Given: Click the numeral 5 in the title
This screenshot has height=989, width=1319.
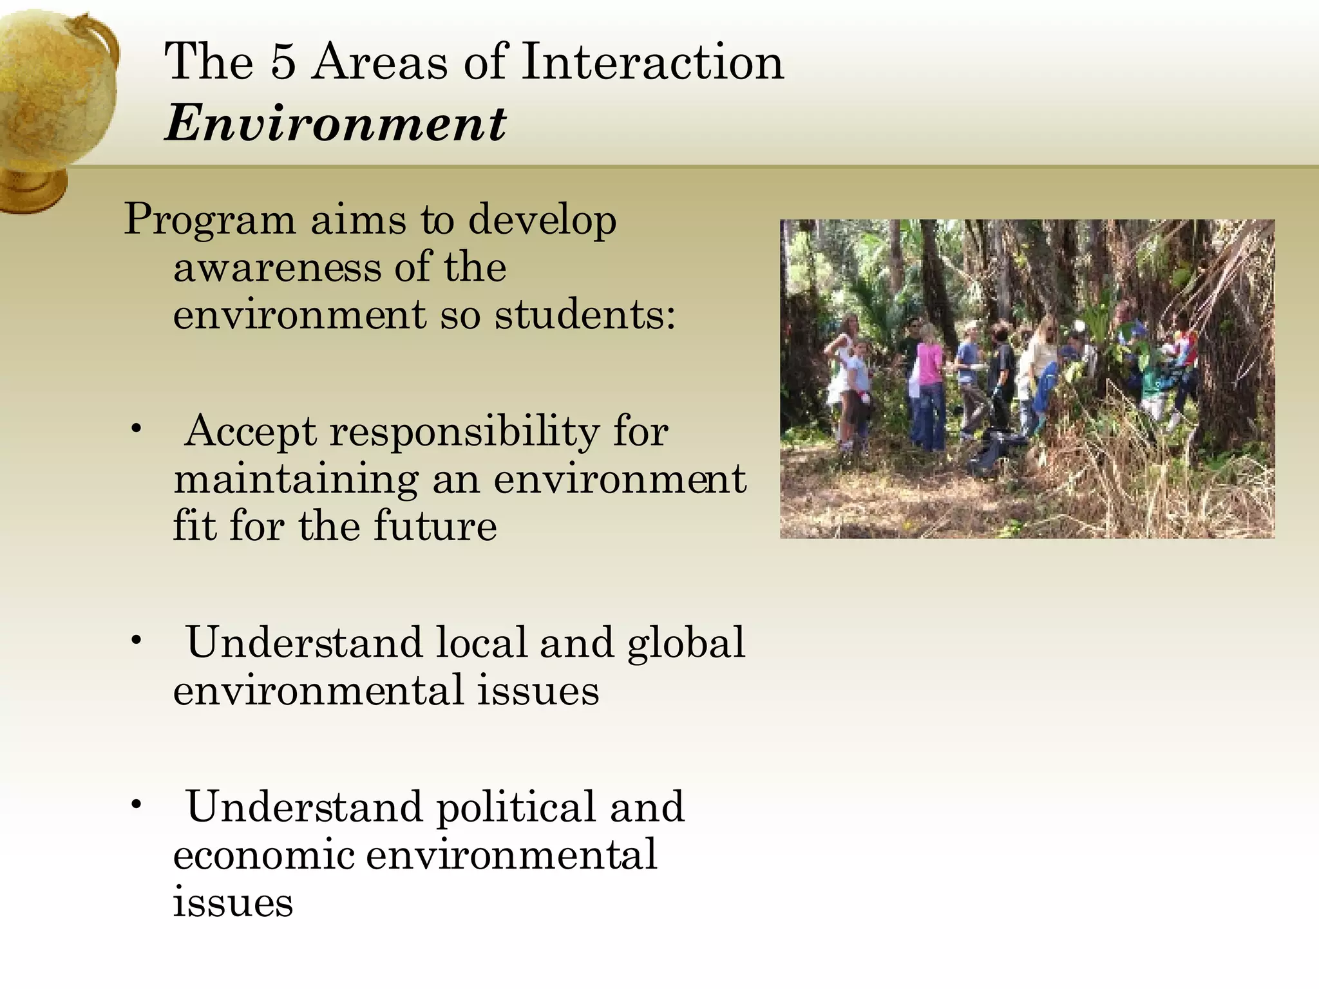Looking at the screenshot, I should point(283,62).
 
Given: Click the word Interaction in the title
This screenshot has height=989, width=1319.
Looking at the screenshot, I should point(652,62).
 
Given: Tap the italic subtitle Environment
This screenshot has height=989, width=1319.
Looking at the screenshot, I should point(335,124).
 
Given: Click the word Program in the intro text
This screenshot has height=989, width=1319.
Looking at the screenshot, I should point(209,221).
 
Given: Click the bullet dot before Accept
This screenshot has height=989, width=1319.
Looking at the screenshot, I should point(136,429).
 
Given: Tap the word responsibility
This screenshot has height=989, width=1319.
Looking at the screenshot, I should point(464,431).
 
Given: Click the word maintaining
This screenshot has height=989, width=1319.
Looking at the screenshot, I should point(295,480).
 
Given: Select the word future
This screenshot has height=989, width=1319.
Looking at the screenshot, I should point(435,526).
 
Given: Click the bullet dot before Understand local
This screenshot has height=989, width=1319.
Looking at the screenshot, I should point(136,641).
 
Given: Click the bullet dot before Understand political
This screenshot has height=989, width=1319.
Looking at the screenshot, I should point(136,805).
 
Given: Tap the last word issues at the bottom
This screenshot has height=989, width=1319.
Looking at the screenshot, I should point(232,902).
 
